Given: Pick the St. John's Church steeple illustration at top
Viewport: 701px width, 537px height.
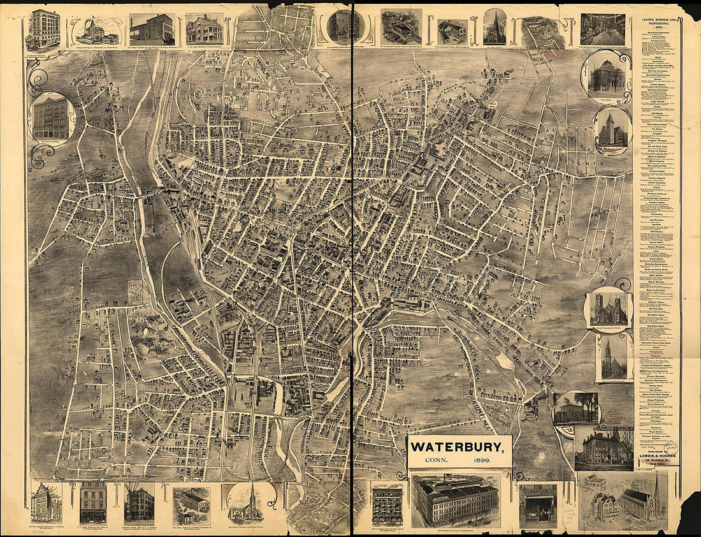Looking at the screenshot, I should (x=495, y=27).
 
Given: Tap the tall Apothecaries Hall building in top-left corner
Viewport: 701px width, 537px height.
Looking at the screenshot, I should (x=43, y=29).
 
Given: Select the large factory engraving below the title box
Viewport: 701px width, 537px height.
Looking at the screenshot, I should (x=455, y=500).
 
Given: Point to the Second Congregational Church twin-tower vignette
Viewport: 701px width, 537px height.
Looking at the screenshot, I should (x=609, y=309).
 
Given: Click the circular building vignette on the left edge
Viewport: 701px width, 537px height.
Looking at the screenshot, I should (x=51, y=118).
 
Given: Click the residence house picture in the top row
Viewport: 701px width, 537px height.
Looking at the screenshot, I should (x=205, y=28).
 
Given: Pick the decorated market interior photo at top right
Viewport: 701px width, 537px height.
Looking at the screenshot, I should (x=602, y=29).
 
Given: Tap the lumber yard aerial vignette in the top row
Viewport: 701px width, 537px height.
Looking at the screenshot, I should (x=401, y=27).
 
